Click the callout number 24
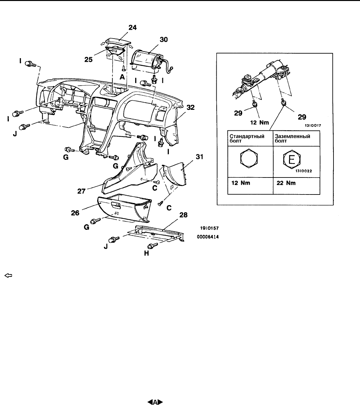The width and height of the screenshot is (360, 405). [x=133, y=27]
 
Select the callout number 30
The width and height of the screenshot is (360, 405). [x=164, y=40]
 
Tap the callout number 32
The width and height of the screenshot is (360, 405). [x=190, y=108]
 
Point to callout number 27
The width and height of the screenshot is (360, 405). [x=81, y=191]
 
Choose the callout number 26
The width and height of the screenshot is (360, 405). [x=75, y=213]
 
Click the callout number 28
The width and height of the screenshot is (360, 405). [x=183, y=215]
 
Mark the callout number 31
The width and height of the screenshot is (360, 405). [x=199, y=157]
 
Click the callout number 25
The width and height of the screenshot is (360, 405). [x=88, y=59]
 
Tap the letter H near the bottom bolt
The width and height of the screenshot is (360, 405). [x=147, y=253]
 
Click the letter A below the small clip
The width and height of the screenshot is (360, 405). [x=122, y=77]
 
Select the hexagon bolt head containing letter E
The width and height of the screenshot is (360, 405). [x=292, y=159]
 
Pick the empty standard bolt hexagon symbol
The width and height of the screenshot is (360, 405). [x=249, y=159]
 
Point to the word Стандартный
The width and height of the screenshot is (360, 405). [x=247, y=136]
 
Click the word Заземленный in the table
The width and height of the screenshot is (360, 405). [x=292, y=136]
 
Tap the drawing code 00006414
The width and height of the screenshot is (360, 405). [x=208, y=237]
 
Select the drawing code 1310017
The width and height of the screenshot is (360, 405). [x=313, y=126]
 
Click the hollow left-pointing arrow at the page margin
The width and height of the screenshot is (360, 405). [x=8, y=276]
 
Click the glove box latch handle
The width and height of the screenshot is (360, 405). [x=116, y=205]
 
